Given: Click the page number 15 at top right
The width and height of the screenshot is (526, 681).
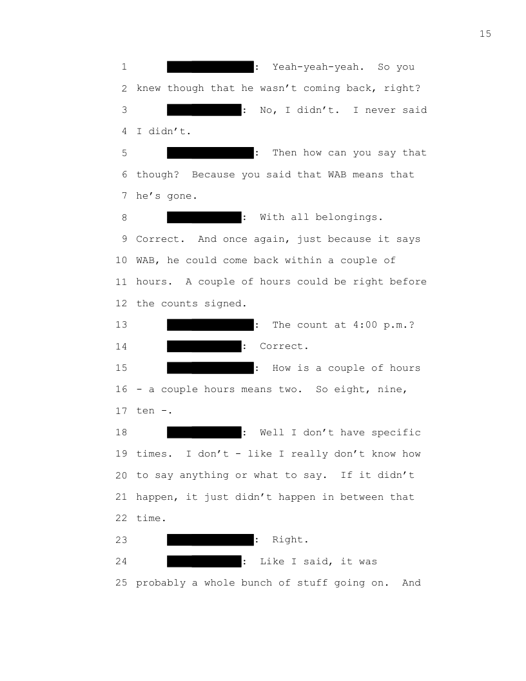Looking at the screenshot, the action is pos(485,34).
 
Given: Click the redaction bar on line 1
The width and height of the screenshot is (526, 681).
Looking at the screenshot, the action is pos(210,67).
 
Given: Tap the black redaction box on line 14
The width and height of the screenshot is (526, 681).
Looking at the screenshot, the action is pos(204,346).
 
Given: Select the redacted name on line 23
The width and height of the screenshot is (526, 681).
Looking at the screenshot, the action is pos(210,540).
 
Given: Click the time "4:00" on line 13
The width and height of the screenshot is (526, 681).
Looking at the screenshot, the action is pos(365,325).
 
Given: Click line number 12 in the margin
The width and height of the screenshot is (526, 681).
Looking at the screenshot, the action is pos(121,304).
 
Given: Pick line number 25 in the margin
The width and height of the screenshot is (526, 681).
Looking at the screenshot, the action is pos(121,583).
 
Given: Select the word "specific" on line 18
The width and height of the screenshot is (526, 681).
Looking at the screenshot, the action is pos(396,433).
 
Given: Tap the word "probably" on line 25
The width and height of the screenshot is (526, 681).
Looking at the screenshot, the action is pos(161,583).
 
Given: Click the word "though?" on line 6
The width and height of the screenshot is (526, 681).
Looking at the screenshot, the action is pos(157,175).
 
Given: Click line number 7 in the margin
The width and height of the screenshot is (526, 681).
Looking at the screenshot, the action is pos(124,196).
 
